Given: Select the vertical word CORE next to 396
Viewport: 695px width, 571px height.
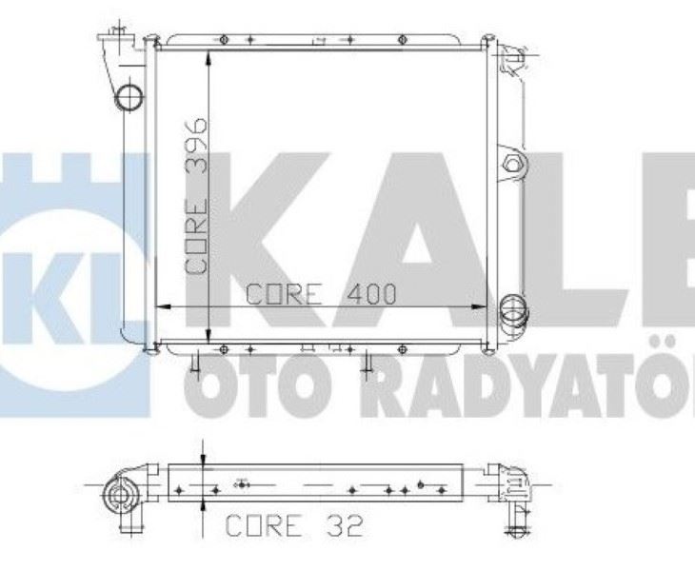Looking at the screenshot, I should pyautogui.click(x=197, y=234).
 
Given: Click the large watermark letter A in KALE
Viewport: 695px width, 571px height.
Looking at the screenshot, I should pyautogui.click(x=409, y=238).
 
